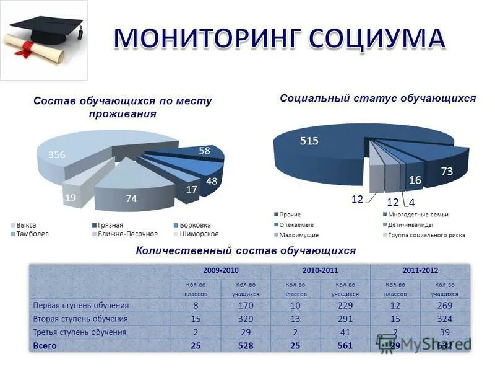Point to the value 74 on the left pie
click(131, 198)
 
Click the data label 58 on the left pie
click(204, 151)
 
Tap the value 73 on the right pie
click(447, 170)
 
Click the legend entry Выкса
click(25, 224)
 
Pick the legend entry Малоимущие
click(298, 235)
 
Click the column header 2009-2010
click(220, 271)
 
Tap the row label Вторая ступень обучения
click(80, 319)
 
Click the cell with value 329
click(246, 319)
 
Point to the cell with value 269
click(444, 306)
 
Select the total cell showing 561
click(345, 346)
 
